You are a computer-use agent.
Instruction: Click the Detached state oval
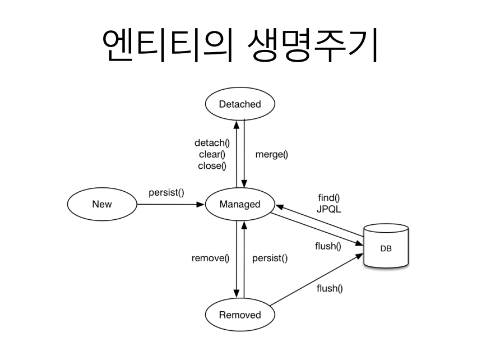coord(240,104)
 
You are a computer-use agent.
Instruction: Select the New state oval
coord(101,204)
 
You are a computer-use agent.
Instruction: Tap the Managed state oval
coord(240,204)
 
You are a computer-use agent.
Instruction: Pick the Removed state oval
coord(240,315)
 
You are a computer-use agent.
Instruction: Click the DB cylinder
coord(386,247)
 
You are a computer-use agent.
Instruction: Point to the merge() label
coord(271,154)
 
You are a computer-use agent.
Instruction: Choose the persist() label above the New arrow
coord(166,192)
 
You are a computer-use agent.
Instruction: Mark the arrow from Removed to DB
coord(317,278)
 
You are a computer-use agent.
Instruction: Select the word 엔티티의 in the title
coord(166,45)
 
